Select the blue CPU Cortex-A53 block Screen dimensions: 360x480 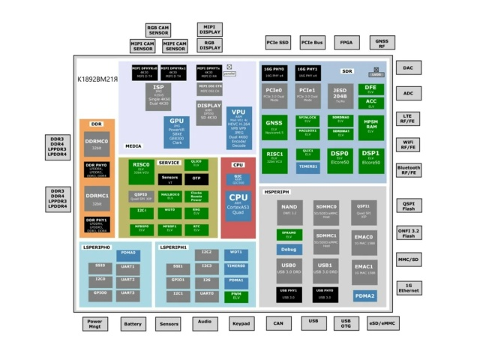click(237, 202)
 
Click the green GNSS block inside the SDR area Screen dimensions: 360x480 click(274, 126)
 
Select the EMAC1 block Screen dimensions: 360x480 click(364, 268)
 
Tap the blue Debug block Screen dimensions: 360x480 click(289, 248)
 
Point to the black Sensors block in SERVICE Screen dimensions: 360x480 click(169, 179)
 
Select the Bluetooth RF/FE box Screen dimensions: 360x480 click(409, 171)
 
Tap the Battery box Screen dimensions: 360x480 click(133, 323)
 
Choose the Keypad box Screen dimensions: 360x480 click(241, 323)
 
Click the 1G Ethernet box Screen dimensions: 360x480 click(409, 289)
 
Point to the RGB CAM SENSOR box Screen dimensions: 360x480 click(158, 29)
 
